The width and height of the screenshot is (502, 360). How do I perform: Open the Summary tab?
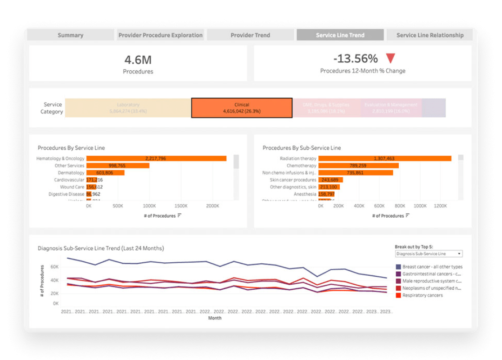pyautogui.click(x=71, y=35)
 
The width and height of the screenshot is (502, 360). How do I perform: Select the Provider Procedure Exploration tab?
pyautogui.click(x=160, y=35)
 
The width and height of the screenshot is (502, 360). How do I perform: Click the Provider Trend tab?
pyautogui.click(x=250, y=35)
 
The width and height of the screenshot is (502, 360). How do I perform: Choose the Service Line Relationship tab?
pyautogui.click(x=429, y=35)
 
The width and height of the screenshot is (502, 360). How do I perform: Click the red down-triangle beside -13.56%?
pyautogui.click(x=390, y=59)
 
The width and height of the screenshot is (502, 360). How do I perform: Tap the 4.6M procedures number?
pyautogui.click(x=138, y=60)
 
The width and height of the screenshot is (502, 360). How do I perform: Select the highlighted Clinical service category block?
pyautogui.click(x=242, y=108)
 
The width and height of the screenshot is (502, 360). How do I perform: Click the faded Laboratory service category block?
pyautogui.click(x=128, y=108)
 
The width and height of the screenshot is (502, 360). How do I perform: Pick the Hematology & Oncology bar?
pyautogui.click(x=156, y=159)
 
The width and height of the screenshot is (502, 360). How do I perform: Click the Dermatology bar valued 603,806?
pyautogui.click(x=105, y=173)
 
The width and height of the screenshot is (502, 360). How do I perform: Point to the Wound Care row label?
pyautogui.click(x=72, y=187)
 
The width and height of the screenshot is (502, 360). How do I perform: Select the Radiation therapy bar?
pyautogui.click(x=384, y=159)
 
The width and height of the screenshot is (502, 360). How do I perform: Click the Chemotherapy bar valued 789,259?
pyautogui.click(x=358, y=166)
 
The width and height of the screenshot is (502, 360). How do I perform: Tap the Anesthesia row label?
pyautogui.click(x=305, y=194)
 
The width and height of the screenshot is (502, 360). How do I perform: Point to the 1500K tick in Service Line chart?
pyautogui.click(x=181, y=206)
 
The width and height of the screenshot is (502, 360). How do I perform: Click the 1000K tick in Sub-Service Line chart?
pyautogui.click(x=420, y=206)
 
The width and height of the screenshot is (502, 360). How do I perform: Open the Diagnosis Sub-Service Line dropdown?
pyautogui.click(x=428, y=254)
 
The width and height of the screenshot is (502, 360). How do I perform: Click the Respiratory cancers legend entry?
pyautogui.click(x=423, y=295)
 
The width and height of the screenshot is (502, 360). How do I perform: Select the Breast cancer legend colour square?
pyautogui.click(x=398, y=267)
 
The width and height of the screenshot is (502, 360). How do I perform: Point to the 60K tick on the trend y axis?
pyautogui.click(x=54, y=267)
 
